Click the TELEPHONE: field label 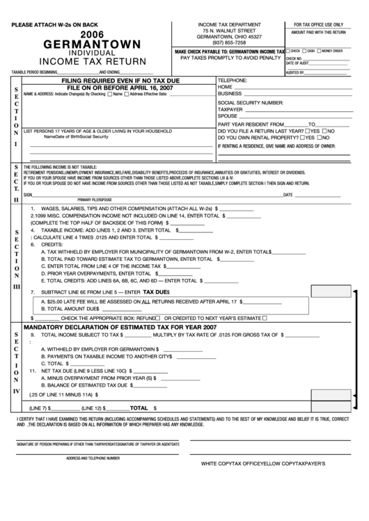coord(233,80)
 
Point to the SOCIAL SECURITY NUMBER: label coord(250,102)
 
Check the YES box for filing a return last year coord(308,130)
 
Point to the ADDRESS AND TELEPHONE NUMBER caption coord(93,458)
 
